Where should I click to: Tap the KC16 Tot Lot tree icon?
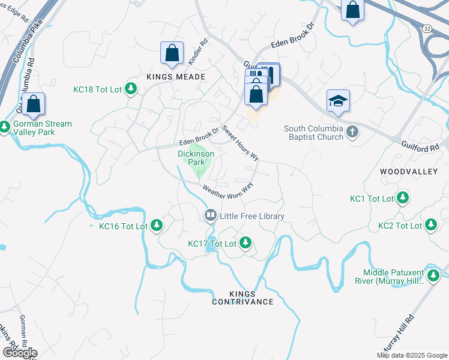[x=157, y=226]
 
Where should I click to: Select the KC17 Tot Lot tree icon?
[x=245, y=243]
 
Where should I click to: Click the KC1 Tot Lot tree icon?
[x=403, y=198]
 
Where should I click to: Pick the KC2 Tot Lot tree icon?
[x=430, y=225]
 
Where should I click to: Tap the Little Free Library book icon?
[x=210, y=215]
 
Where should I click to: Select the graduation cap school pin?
[x=338, y=101]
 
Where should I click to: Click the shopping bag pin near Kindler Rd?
[x=172, y=53]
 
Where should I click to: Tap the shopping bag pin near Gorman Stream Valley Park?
[x=34, y=104]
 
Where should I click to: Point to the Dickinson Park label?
[x=196, y=158]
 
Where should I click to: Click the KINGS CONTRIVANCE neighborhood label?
[x=243, y=298]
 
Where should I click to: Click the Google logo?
[x=19, y=352]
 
